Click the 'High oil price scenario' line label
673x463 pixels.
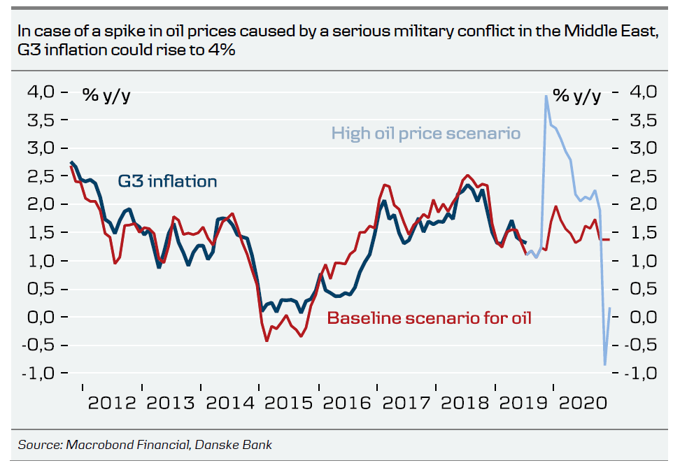point(425,133)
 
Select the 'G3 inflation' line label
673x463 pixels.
point(167,181)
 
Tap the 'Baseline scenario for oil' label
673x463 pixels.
point(430,318)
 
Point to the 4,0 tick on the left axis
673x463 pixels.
point(41,92)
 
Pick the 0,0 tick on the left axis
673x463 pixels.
point(41,317)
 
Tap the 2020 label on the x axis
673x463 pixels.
point(583,404)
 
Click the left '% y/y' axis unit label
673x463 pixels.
point(106,95)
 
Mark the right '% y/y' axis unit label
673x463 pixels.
point(576,95)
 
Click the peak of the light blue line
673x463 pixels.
point(546,96)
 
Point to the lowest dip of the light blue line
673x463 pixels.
point(605,364)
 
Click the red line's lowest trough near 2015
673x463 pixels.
point(267,341)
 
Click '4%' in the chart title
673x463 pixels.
point(219,51)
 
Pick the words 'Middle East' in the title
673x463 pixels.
point(616,31)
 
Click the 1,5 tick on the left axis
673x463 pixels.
point(41,232)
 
